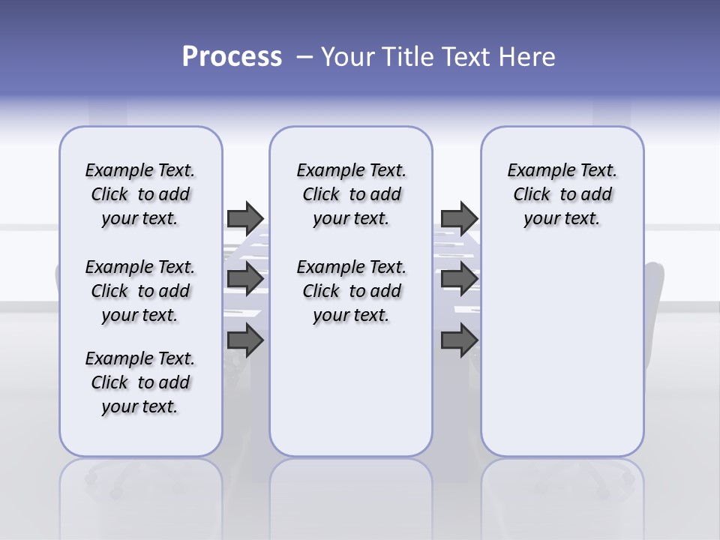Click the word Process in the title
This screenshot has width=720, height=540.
coord(232,56)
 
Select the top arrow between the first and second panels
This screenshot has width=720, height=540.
coord(245,217)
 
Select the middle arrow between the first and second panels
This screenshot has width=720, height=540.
coord(245,279)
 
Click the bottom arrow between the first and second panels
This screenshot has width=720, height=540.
coord(245,340)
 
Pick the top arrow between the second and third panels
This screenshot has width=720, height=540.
coord(459,217)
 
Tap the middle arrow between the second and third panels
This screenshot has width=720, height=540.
coord(459,279)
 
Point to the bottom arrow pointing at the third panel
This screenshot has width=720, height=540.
coord(459,340)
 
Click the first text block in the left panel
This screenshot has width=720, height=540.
coord(140,194)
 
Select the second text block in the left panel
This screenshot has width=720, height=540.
coord(140,291)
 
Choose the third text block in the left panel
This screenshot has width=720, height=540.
coord(140,382)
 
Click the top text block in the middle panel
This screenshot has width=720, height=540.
coord(351,194)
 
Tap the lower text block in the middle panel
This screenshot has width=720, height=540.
coord(351,291)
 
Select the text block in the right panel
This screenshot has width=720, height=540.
coord(562,194)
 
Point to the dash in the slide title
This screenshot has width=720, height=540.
coord(304,56)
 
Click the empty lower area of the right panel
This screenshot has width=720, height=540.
coord(562,352)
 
